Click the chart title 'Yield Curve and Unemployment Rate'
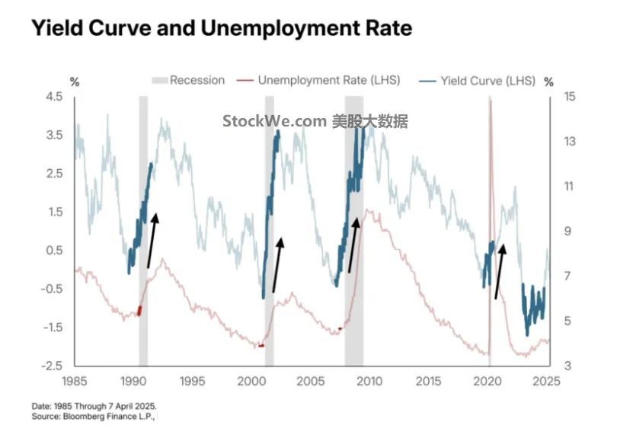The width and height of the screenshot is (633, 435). tap(221, 29)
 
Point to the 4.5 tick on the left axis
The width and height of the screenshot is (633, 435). tap(54, 96)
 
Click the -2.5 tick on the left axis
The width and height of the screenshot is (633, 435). tap(53, 366)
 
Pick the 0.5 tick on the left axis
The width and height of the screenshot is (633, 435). tap(54, 251)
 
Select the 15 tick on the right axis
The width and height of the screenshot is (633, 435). tap(568, 96)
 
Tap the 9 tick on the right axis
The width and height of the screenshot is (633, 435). tap(566, 232)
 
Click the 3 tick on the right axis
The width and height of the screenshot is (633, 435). tap(566, 366)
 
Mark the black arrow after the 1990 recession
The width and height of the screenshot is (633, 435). tap(152, 240)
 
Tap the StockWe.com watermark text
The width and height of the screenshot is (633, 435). tap(315, 121)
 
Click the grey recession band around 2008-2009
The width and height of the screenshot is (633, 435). tap(353, 229)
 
